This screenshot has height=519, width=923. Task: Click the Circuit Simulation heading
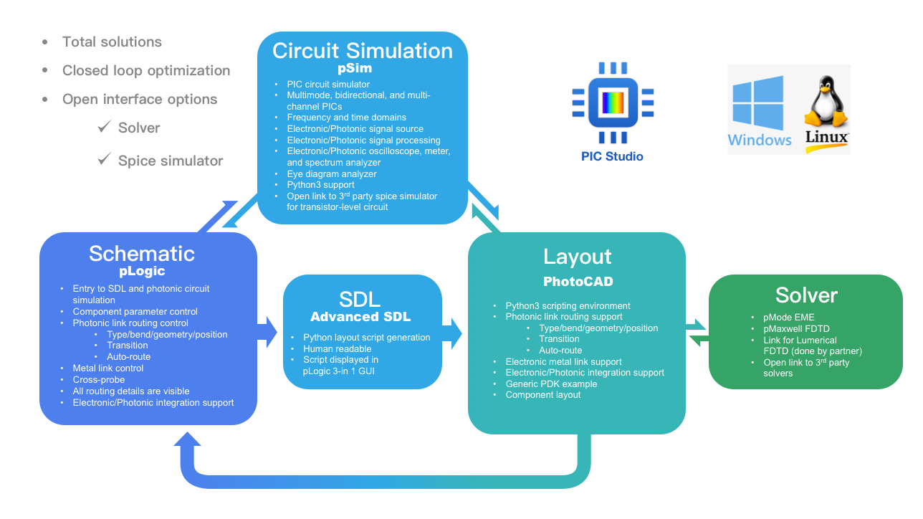pyautogui.click(x=362, y=51)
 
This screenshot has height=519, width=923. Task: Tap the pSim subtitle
pyautogui.click(x=355, y=68)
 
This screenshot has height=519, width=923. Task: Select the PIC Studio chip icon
pyautogui.click(x=613, y=103)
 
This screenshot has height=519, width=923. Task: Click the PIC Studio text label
pyautogui.click(x=612, y=157)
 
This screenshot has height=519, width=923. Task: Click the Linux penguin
pyautogui.click(x=826, y=101)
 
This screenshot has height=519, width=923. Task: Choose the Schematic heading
pyautogui.click(x=142, y=254)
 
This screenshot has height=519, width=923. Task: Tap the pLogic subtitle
pyautogui.click(x=142, y=271)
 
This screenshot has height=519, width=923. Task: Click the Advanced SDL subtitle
pyautogui.click(x=360, y=317)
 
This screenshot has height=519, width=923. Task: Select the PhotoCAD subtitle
pyautogui.click(x=578, y=282)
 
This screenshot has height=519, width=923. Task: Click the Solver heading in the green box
pyautogui.click(x=806, y=295)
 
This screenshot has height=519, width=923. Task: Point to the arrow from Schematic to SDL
pyautogui.click(x=267, y=332)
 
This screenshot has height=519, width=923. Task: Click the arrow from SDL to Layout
pyautogui.click(x=452, y=333)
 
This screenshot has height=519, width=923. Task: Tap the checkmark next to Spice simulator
pyautogui.click(x=105, y=158)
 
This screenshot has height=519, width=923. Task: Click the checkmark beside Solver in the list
pyautogui.click(x=105, y=126)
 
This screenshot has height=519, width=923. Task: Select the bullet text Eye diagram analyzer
pyautogui.click(x=332, y=174)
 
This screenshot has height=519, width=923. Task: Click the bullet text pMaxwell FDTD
pyautogui.click(x=796, y=329)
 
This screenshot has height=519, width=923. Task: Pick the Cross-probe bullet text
pyautogui.click(x=98, y=380)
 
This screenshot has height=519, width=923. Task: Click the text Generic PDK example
pyautogui.click(x=551, y=384)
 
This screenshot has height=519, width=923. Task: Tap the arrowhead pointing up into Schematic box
pyautogui.click(x=188, y=439)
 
